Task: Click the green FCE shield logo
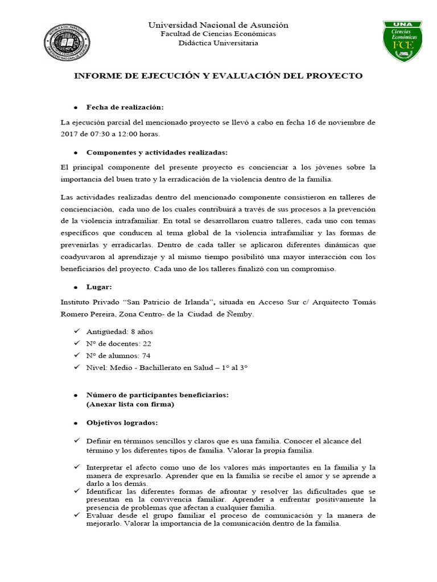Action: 403,41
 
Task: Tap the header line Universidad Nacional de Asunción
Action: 218,25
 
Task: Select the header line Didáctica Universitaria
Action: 218,43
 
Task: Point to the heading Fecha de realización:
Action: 125,107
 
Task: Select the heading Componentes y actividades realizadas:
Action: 157,152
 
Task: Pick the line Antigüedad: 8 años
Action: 119,331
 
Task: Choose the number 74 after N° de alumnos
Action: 146,355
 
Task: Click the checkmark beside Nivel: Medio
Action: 76,367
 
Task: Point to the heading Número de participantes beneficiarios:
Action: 157,395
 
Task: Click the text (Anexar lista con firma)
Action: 130,404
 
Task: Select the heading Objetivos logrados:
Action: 122,423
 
